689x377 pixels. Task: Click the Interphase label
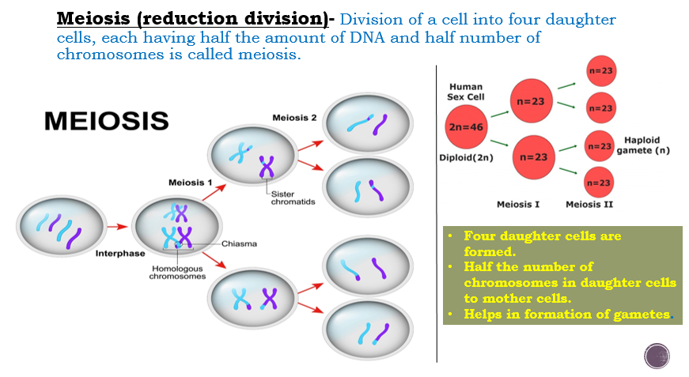(x=119, y=254)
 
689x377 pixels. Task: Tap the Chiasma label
(x=239, y=243)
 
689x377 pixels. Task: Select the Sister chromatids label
(x=293, y=198)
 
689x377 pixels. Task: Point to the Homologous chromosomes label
(x=178, y=272)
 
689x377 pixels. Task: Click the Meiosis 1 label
(x=190, y=183)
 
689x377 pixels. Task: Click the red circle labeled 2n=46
(x=466, y=126)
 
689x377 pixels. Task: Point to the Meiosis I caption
(x=518, y=205)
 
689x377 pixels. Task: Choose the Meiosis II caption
(x=589, y=205)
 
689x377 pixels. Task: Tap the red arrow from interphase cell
(x=117, y=227)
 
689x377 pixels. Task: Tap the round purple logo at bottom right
(x=657, y=356)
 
